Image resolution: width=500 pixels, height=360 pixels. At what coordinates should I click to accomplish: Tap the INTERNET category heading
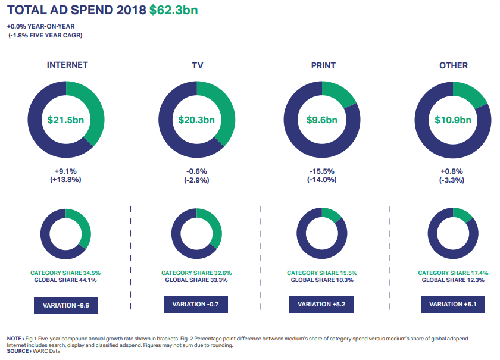[67, 65]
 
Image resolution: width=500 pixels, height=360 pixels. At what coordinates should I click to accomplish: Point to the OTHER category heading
[454, 65]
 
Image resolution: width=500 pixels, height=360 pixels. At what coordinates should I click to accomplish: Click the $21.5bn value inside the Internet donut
[66, 120]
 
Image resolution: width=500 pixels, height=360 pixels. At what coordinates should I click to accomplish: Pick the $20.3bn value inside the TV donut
[196, 120]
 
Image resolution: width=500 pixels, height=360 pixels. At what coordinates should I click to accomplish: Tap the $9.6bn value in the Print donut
[322, 120]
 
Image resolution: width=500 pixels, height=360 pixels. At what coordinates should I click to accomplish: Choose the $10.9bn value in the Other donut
[453, 120]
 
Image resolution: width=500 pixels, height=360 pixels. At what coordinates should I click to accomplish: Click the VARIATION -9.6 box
[66, 306]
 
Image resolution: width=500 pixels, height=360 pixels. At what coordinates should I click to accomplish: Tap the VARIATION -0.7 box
[196, 304]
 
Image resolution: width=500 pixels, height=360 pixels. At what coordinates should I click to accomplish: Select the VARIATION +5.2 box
[321, 304]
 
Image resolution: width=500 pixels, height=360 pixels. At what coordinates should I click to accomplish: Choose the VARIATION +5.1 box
[453, 304]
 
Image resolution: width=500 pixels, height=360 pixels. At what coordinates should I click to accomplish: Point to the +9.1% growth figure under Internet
[65, 171]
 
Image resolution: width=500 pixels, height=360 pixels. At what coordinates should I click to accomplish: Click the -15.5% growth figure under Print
[322, 171]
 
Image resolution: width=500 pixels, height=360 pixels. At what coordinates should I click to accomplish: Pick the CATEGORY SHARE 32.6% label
[196, 273]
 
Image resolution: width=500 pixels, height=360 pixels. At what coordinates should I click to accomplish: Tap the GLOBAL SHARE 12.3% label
[453, 280]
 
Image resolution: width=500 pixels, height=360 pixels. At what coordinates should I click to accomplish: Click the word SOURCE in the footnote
[18, 351]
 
